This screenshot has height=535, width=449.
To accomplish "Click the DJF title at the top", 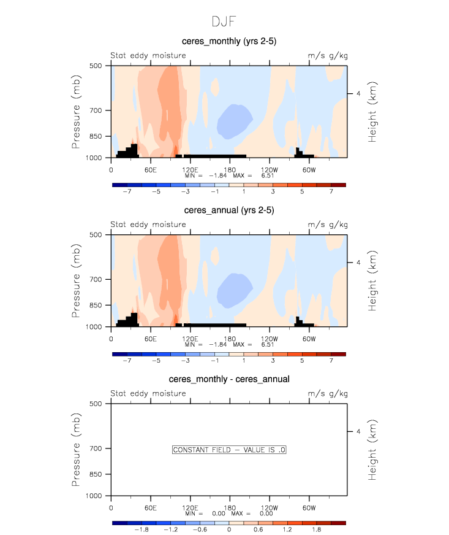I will click(x=224, y=22).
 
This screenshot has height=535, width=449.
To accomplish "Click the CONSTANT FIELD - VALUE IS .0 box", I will click(x=229, y=450).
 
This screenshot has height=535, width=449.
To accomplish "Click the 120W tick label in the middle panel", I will click(x=269, y=338).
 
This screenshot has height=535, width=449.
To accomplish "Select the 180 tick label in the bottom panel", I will click(x=229, y=507).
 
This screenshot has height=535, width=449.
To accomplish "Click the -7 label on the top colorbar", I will click(x=127, y=191).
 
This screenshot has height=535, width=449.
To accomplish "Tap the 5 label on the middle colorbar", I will click(x=301, y=361).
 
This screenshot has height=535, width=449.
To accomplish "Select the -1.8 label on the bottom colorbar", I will click(x=141, y=530).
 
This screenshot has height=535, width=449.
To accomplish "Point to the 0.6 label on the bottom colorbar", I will click(x=258, y=530).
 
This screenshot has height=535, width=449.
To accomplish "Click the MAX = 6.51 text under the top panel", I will click(x=259, y=175).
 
